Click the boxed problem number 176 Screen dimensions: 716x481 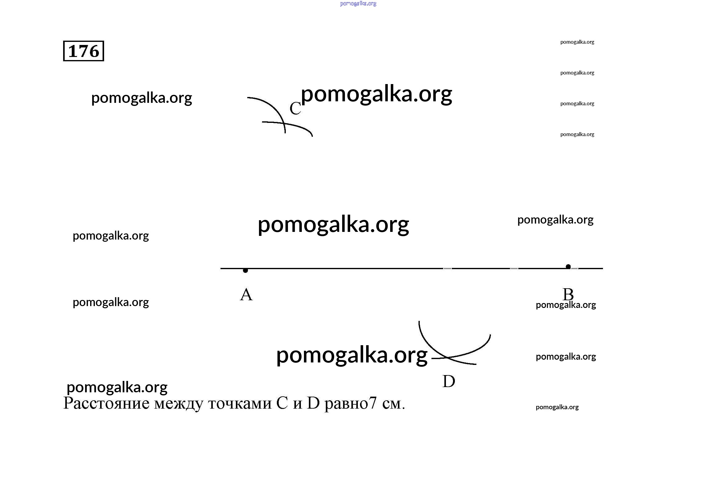coord(83,51)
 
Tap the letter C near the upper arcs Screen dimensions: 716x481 coord(295,108)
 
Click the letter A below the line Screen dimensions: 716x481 coord(246,294)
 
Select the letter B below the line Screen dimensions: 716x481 coord(568,294)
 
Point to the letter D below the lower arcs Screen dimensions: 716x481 coord(449,381)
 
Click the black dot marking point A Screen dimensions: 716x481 coord(245,270)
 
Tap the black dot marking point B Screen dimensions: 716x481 coord(568,267)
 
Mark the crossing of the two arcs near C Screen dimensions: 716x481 coord(284,123)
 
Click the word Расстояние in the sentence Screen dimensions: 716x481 coord(106,403)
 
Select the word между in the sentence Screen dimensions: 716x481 coord(179,404)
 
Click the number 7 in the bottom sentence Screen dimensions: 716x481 coord(373,403)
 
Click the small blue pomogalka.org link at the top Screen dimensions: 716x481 coord(358,4)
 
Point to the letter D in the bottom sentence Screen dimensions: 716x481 coord(313,403)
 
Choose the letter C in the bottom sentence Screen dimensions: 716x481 coord(282,403)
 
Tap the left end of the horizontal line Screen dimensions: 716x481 coord(221,269)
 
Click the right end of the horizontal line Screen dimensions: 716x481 coord(603,269)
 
